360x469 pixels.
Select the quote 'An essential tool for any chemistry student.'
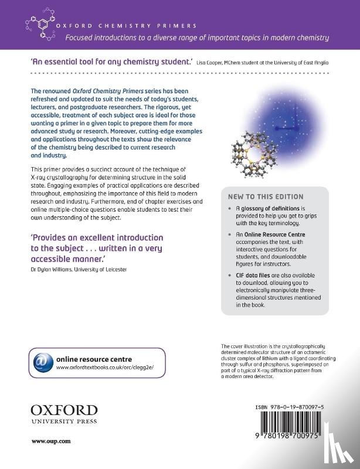point(110,61)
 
